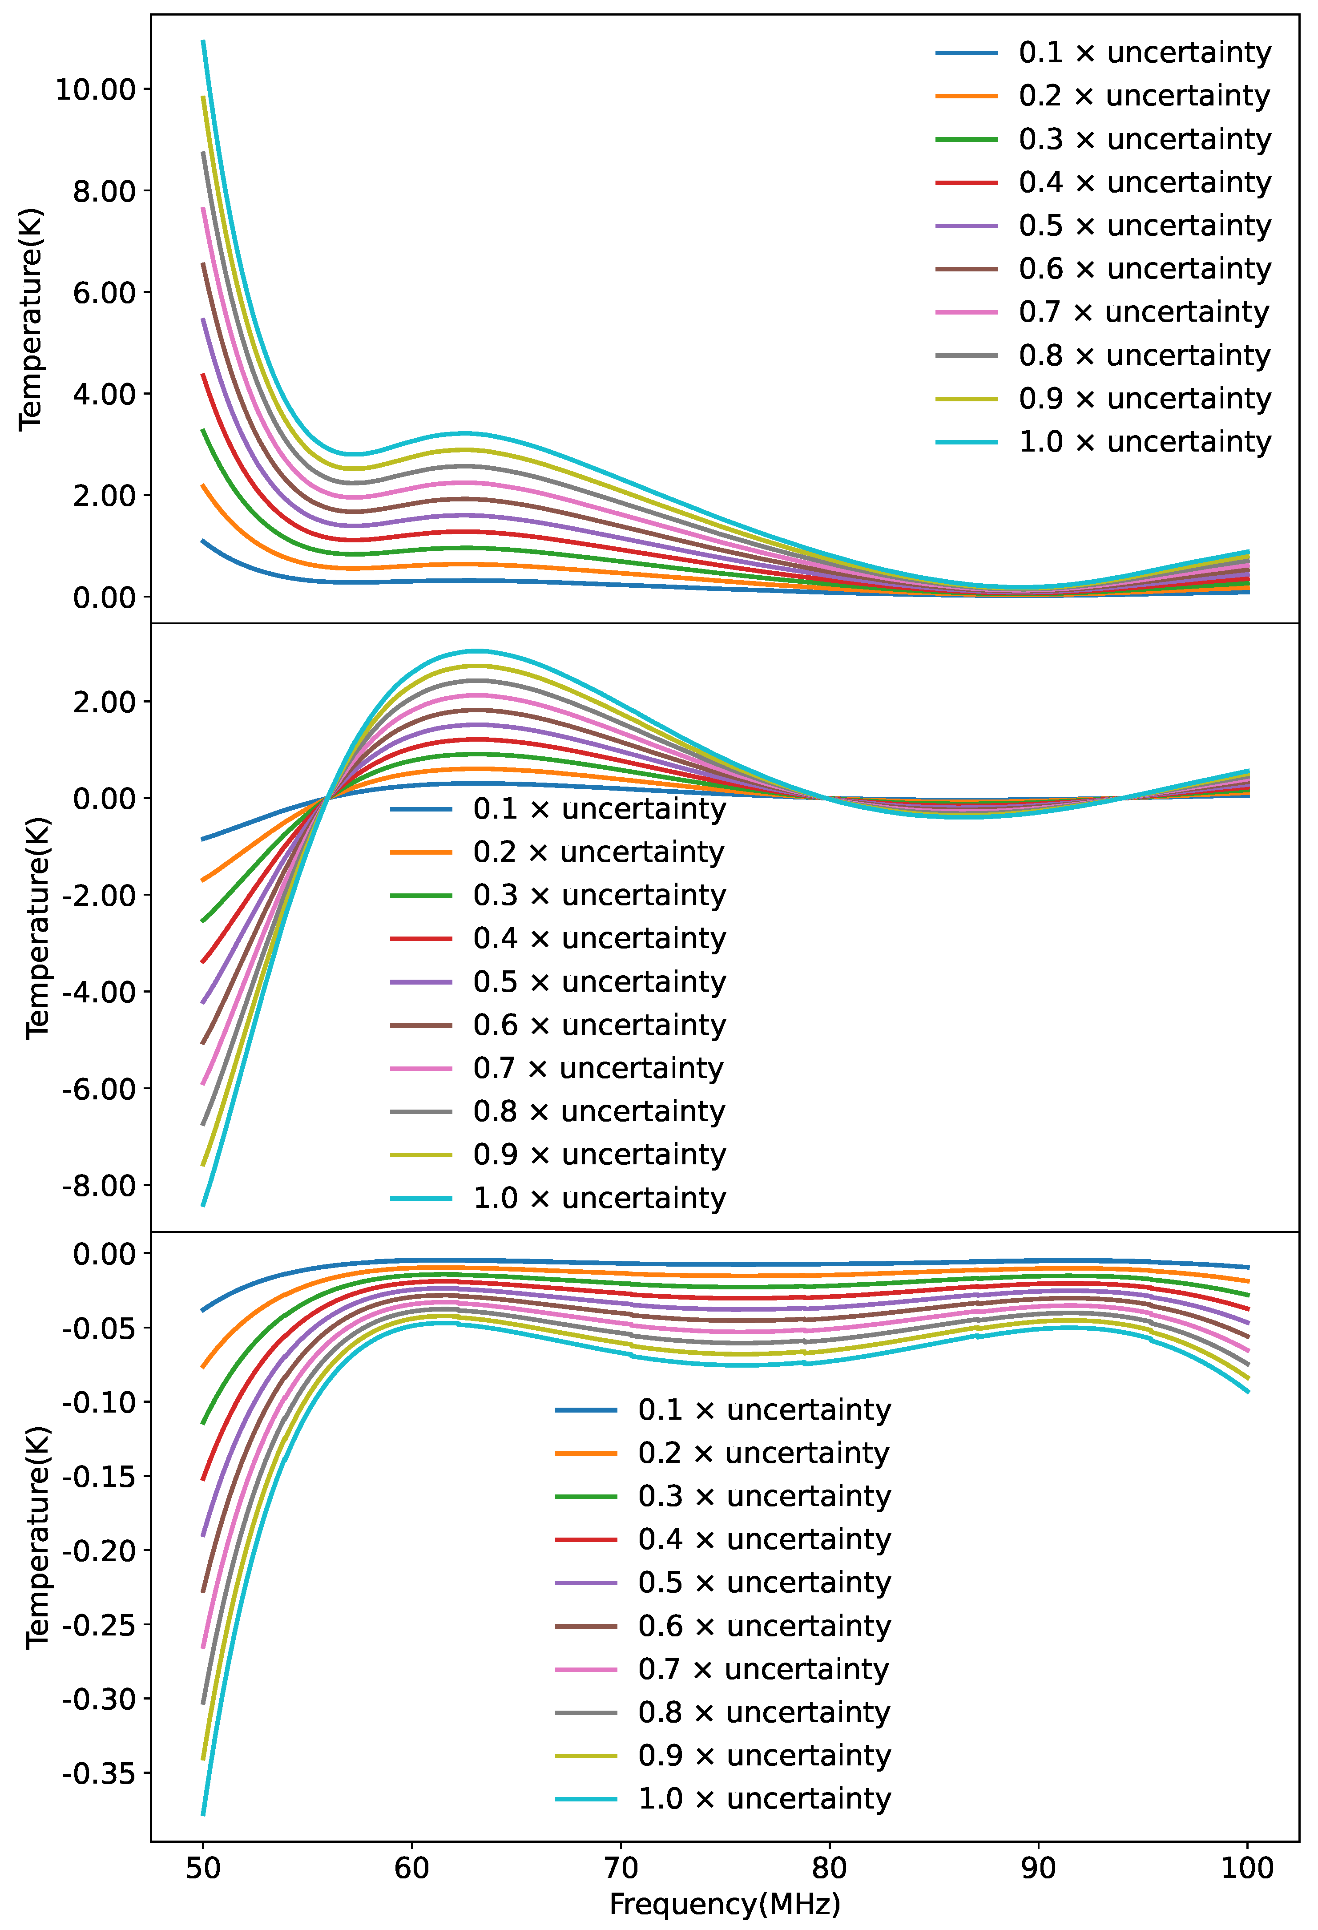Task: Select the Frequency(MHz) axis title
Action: tap(724, 1903)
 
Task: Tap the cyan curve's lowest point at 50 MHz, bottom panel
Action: tap(203, 1815)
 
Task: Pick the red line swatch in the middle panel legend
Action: tap(421, 938)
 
